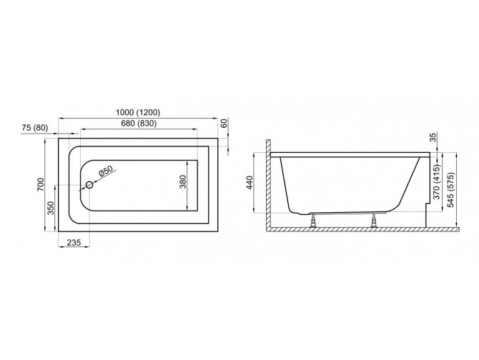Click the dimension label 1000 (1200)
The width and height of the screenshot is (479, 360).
[138, 113]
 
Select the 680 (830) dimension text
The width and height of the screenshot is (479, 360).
[139, 124]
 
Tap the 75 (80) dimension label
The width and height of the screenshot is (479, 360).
[35, 128]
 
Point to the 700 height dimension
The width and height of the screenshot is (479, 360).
[41, 184]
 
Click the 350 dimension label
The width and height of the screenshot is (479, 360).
[51, 208]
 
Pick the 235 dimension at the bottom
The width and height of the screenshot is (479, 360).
[74, 243]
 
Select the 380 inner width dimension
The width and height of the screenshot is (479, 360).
[183, 181]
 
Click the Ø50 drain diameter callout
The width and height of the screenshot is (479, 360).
[106, 171]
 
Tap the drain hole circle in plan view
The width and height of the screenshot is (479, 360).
[89, 184]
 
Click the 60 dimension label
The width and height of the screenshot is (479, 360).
[224, 124]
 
